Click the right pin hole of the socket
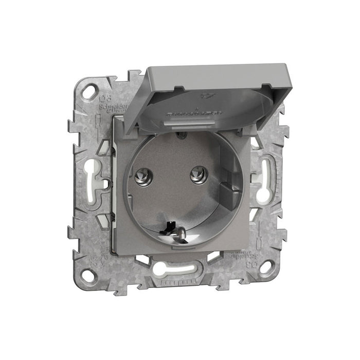pyautogui.click(x=196, y=175)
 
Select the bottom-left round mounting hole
pyautogui.click(x=87, y=275)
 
